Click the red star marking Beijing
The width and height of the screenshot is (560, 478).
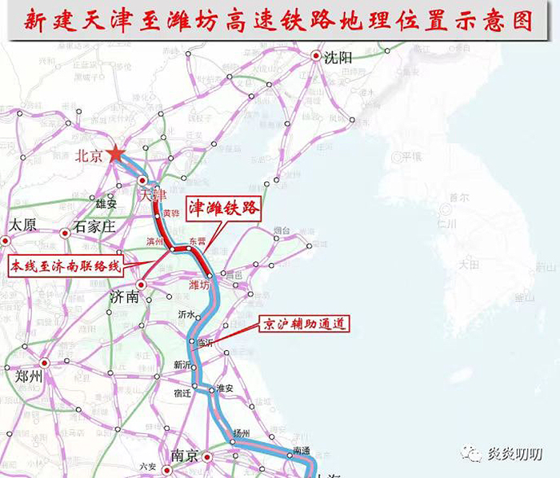117,153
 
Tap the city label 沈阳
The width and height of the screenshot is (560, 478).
338,57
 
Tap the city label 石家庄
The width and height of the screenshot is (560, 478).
95,226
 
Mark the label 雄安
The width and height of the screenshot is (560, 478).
118,204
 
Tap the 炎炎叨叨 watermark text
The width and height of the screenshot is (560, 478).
515,454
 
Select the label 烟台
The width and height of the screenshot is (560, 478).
282,232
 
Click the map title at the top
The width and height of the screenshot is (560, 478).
279,20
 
